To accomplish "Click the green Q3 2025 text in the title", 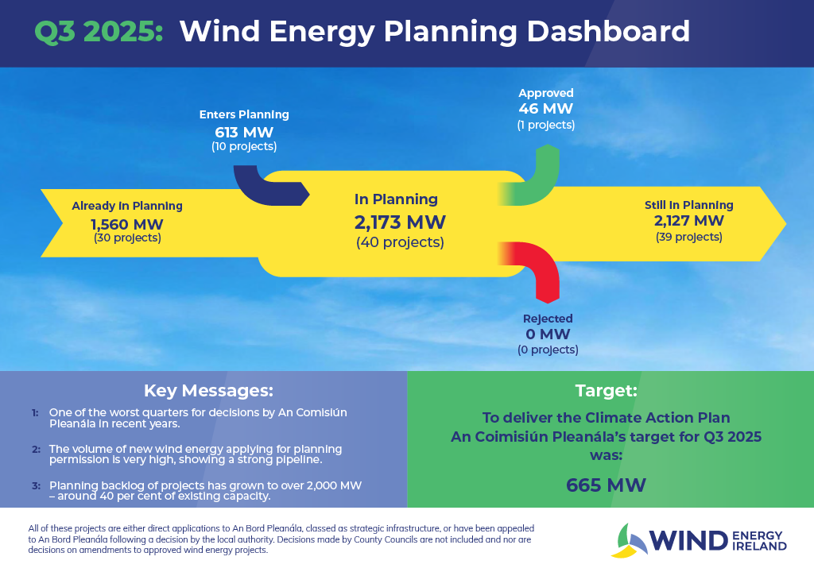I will pos(99,33).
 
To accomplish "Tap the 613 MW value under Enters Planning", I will pos(243,131).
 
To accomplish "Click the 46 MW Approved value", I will pos(545,109).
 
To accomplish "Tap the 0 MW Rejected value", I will pos(548,334).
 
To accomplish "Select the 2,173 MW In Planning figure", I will pos(400,222).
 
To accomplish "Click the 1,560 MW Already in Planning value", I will pos(127,222).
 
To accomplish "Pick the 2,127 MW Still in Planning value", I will pos(688,221).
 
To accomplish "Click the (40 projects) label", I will pos(400,242).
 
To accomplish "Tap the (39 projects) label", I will pos(688,237).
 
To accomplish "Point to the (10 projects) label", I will pos(243,147).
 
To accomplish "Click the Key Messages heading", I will pos(208,391).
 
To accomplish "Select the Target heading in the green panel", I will pos(606,391).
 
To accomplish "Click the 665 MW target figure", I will pos(606,485).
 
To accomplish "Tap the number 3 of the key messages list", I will pos(35,485).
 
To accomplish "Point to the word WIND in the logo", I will pos(689,541).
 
